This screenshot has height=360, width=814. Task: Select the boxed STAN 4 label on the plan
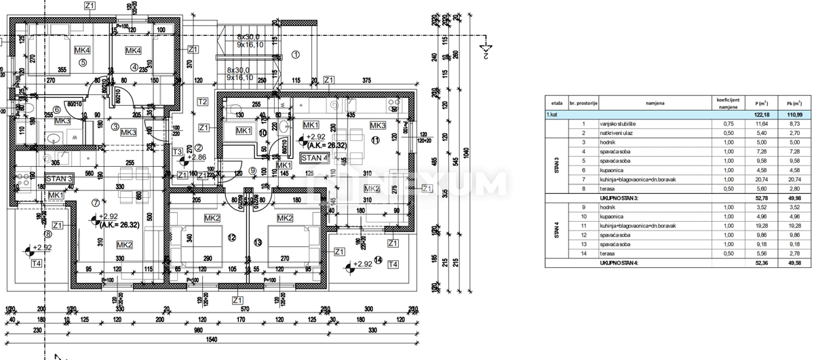[315, 157]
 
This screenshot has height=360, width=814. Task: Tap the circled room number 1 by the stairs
[295, 54]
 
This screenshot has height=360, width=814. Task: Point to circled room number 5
[83, 62]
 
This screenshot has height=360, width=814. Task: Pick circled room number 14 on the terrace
[377, 260]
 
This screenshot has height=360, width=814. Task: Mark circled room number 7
[95, 201]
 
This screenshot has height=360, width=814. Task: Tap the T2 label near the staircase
[201, 102]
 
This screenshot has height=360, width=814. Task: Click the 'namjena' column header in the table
[655, 103]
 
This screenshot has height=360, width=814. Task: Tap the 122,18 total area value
[760, 116]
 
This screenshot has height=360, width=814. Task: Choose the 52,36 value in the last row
[760, 262]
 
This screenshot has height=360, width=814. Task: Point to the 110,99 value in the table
[795, 116]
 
